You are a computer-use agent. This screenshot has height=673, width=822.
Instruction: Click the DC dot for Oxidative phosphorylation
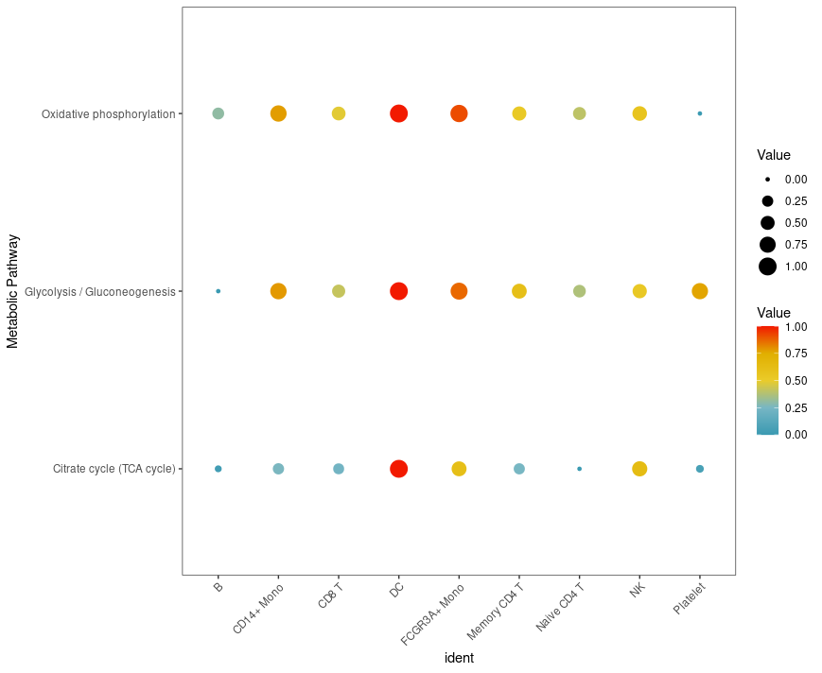[x=398, y=113]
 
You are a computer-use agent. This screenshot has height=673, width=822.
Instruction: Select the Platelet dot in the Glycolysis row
[x=700, y=291]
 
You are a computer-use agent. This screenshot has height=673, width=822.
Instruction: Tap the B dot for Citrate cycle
[x=219, y=469]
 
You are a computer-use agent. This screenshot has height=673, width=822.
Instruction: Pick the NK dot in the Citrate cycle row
[x=639, y=469]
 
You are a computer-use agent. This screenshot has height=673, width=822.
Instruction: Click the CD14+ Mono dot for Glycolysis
[x=278, y=291]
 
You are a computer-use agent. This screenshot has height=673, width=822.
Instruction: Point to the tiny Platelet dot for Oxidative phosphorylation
[x=700, y=113]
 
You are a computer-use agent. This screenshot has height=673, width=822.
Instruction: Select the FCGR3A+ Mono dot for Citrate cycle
[x=459, y=469]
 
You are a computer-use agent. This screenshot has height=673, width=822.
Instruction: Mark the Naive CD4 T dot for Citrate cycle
[x=579, y=469]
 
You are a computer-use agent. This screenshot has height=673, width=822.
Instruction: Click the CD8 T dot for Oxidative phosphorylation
[x=339, y=113]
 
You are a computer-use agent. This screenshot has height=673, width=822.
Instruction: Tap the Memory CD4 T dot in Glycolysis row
[x=519, y=291]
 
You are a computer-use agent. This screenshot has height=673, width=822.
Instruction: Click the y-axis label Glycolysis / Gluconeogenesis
[x=100, y=292]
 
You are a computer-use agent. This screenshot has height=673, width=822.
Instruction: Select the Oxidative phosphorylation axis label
[x=108, y=114]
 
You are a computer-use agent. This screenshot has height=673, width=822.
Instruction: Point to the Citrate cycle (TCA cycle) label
[x=114, y=470]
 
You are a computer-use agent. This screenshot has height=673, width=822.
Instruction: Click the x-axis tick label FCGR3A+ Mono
[x=433, y=614]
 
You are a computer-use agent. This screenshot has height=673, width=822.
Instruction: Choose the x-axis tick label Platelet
[x=690, y=599]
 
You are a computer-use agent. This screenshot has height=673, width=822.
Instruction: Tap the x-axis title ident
[x=459, y=658]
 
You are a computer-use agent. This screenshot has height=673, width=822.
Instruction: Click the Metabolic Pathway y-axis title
[x=13, y=291]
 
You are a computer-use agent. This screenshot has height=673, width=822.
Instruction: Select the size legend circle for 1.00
[x=767, y=267]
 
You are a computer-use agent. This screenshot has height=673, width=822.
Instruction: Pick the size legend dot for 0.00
[x=767, y=179]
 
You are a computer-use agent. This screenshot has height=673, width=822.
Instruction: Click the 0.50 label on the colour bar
[x=796, y=381]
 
